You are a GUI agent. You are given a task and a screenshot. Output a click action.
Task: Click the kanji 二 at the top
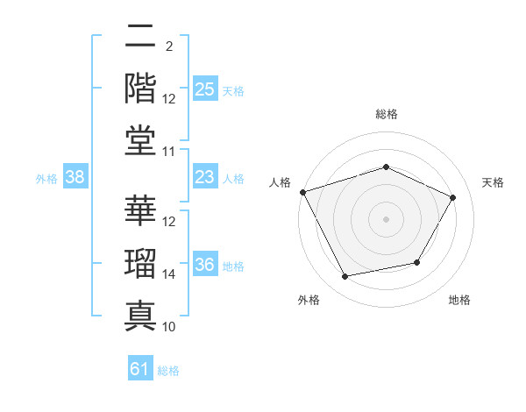pos(140,35)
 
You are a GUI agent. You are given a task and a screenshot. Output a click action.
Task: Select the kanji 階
pos(140,89)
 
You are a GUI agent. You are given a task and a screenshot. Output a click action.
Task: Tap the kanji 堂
pos(140,141)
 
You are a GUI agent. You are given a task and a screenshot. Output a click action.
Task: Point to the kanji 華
pos(140,210)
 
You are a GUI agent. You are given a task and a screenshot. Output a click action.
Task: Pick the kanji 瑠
pos(140,263)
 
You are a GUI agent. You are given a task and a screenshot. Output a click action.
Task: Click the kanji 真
pos(140,316)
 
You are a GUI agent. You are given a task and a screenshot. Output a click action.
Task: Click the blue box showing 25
pos(205,89)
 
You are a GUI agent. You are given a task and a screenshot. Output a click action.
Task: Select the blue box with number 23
pos(205,176)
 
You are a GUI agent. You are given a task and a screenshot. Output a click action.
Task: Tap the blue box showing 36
pos(205,263)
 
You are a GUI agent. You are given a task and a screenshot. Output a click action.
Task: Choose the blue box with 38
pos(75,176)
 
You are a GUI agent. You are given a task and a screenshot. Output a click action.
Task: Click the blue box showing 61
pos(140,367)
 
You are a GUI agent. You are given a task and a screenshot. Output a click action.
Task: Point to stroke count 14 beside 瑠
pos(168,274)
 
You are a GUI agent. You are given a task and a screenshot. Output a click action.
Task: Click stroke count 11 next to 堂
pos(168,152)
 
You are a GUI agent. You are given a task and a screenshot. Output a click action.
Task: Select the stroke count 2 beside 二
pos(169,46)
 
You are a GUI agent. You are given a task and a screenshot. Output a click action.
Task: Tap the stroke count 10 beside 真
pos(168,327)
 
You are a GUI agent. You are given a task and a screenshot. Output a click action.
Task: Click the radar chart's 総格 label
pos(387,114)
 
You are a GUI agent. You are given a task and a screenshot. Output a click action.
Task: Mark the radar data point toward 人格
pos(303,192)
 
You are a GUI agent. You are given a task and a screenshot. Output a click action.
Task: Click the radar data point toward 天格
pos(452,198)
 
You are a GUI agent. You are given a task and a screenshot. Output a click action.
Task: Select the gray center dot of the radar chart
pos(386,219)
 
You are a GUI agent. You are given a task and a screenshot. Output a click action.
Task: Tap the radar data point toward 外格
pos(345,276)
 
